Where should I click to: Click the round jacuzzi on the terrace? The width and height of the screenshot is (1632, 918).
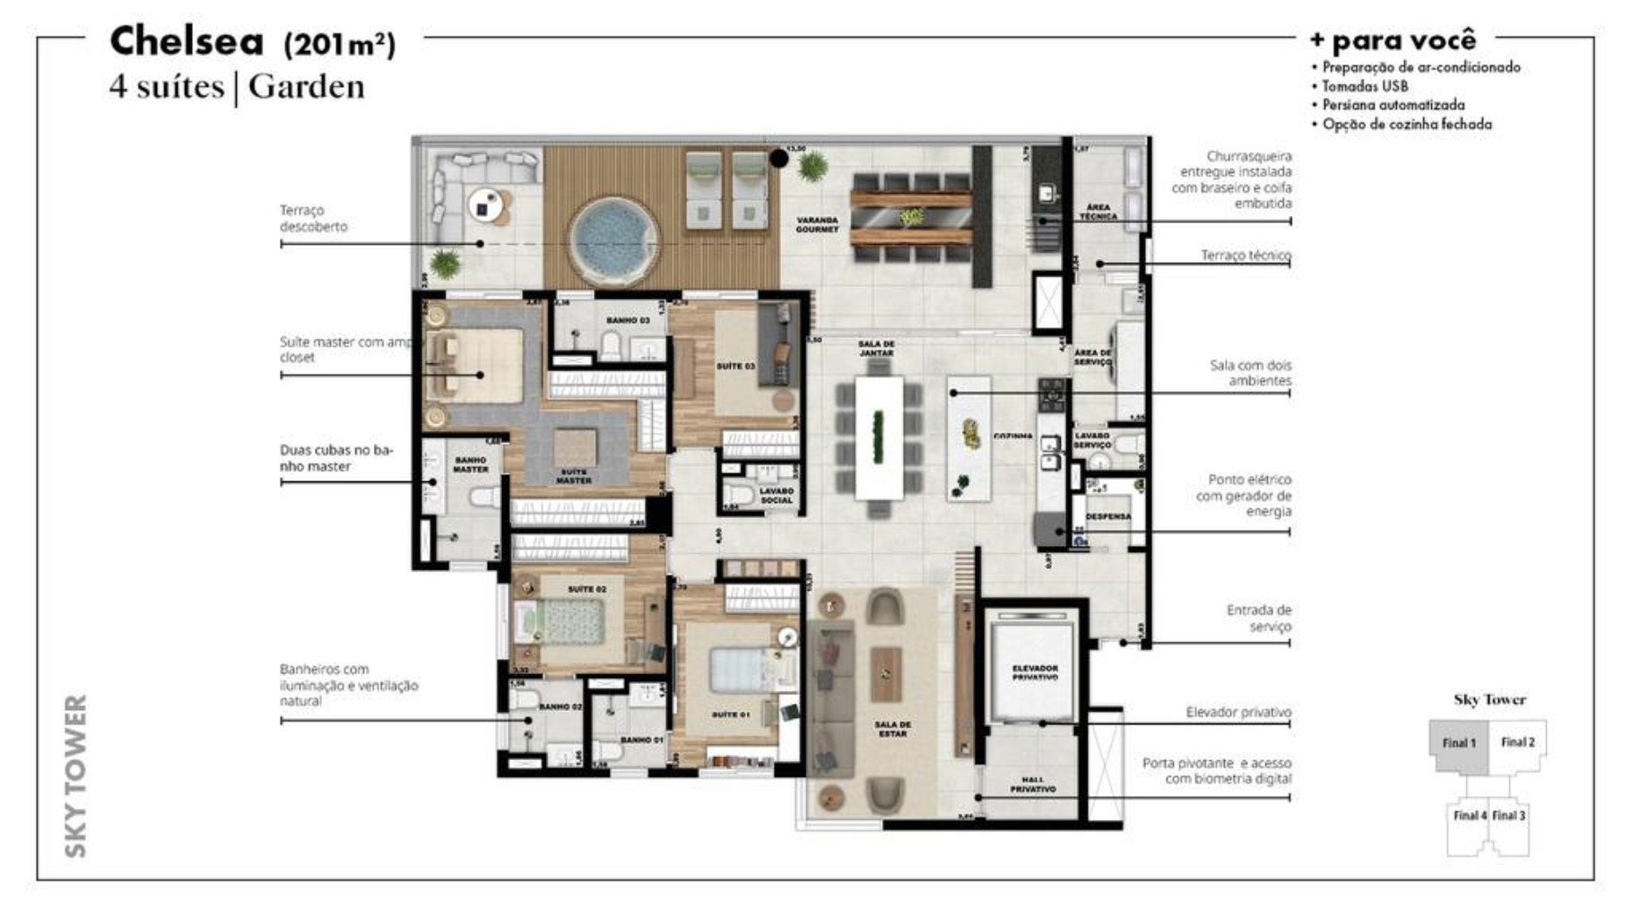pyautogui.click(x=611, y=240)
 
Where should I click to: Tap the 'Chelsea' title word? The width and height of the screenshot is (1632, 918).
pyautogui.click(x=187, y=41)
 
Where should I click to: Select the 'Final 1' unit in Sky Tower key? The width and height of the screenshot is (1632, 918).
pyautogui.click(x=1459, y=742)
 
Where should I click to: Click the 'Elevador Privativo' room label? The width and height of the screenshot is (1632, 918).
pyautogui.click(x=1035, y=672)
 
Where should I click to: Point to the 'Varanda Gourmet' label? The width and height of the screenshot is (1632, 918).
pyautogui.click(x=817, y=224)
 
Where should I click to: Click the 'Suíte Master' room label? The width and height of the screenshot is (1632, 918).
pyautogui.click(x=574, y=476)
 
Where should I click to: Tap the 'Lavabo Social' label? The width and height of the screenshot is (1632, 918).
pyautogui.click(x=777, y=496)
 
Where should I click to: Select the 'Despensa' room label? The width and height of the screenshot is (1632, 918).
pyautogui.click(x=1108, y=516)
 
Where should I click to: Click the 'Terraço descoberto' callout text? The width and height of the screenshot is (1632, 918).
pyautogui.click(x=313, y=218)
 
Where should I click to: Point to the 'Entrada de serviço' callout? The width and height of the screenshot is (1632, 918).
pyautogui.click(x=1259, y=619)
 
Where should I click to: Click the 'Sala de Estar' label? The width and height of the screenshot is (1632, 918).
pyautogui.click(x=893, y=729)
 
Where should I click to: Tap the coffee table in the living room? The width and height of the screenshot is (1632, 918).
pyautogui.click(x=886, y=674)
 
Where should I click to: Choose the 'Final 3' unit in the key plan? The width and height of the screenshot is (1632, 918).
pyautogui.click(x=1508, y=815)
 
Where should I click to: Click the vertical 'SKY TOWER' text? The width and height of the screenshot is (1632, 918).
pyautogui.click(x=77, y=775)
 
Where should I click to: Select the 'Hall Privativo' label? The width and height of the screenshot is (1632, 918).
pyautogui.click(x=1032, y=784)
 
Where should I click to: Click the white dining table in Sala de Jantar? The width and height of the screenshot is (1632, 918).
pyautogui.click(x=879, y=437)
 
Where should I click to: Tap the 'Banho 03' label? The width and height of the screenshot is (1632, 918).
pyautogui.click(x=628, y=320)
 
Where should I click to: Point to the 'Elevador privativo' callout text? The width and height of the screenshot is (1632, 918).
pyautogui.click(x=1238, y=712)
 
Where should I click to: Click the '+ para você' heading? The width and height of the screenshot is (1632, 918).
pyautogui.click(x=1392, y=40)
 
